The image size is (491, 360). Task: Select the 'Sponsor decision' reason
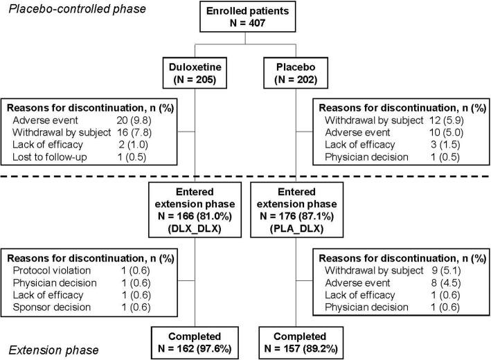pyautogui.click(x=48, y=307)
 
